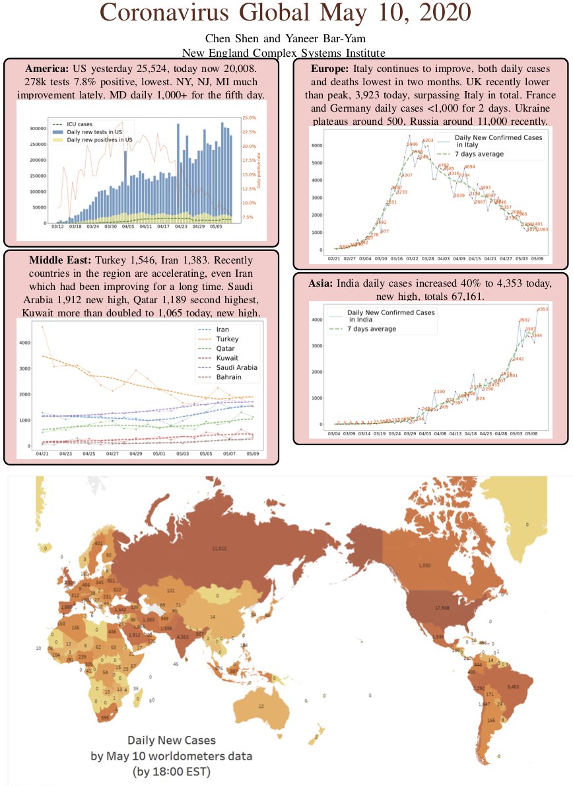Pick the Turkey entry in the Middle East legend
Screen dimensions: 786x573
pos(226,338)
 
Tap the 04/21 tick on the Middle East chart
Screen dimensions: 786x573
pos(41,454)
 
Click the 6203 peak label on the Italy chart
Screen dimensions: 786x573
pos(428,141)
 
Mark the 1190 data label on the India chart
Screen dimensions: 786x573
pos(440,392)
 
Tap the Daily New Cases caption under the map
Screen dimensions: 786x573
pos(171,740)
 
